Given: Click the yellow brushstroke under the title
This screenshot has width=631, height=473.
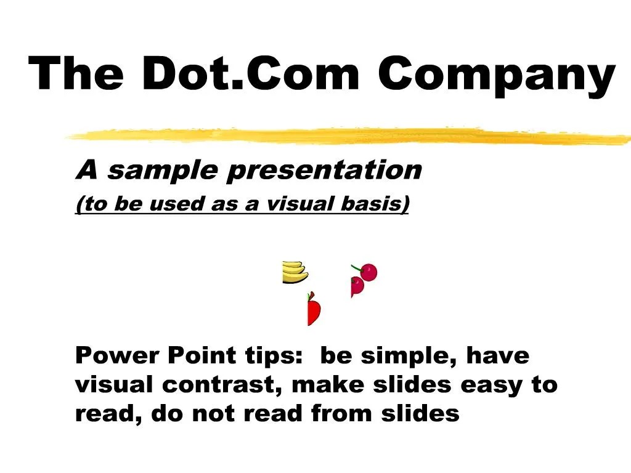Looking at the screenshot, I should (345, 136).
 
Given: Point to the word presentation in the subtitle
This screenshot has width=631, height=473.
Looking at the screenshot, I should (324, 170).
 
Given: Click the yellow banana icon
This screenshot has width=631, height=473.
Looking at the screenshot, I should (295, 272).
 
